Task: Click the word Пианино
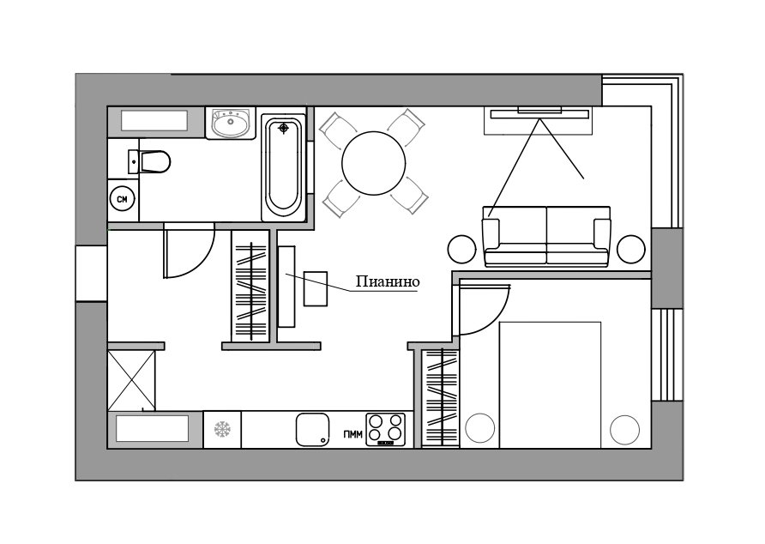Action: pyautogui.click(x=388, y=281)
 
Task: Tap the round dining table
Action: pyautogui.click(x=374, y=164)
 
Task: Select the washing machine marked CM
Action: pyautogui.click(x=122, y=199)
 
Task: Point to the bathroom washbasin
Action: pyautogui.click(x=230, y=124)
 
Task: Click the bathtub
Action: pyautogui.click(x=284, y=167)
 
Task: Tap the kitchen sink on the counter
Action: pyautogui.click(x=312, y=430)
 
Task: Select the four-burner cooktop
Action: pyautogui.click(x=386, y=429)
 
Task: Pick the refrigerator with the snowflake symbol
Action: pyautogui.click(x=222, y=429)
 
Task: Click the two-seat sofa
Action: pyautogui.click(x=546, y=236)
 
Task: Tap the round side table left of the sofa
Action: pyautogui.click(x=461, y=249)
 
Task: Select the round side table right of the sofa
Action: pyautogui.click(x=631, y=249)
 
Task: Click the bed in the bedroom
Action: pyautogui.click(x=550, y=384)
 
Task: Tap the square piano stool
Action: pyautogui.click(x=315, y=288)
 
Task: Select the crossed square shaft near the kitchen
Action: pyautogui.click(x=131, y=380)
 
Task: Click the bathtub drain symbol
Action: pyautogui.click(x=284, y=129)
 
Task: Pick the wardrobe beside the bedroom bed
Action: pyautogui.click(x=441, y=397)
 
